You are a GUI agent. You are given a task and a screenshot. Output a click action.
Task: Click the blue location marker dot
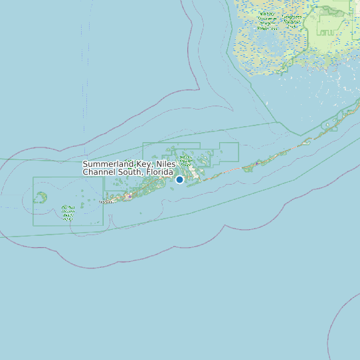point(179,179)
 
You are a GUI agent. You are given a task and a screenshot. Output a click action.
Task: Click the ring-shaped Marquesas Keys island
point(41,197)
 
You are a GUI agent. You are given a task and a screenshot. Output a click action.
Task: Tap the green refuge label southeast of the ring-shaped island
point(67,213)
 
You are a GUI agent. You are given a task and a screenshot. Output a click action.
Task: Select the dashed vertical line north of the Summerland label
point(84,80)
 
